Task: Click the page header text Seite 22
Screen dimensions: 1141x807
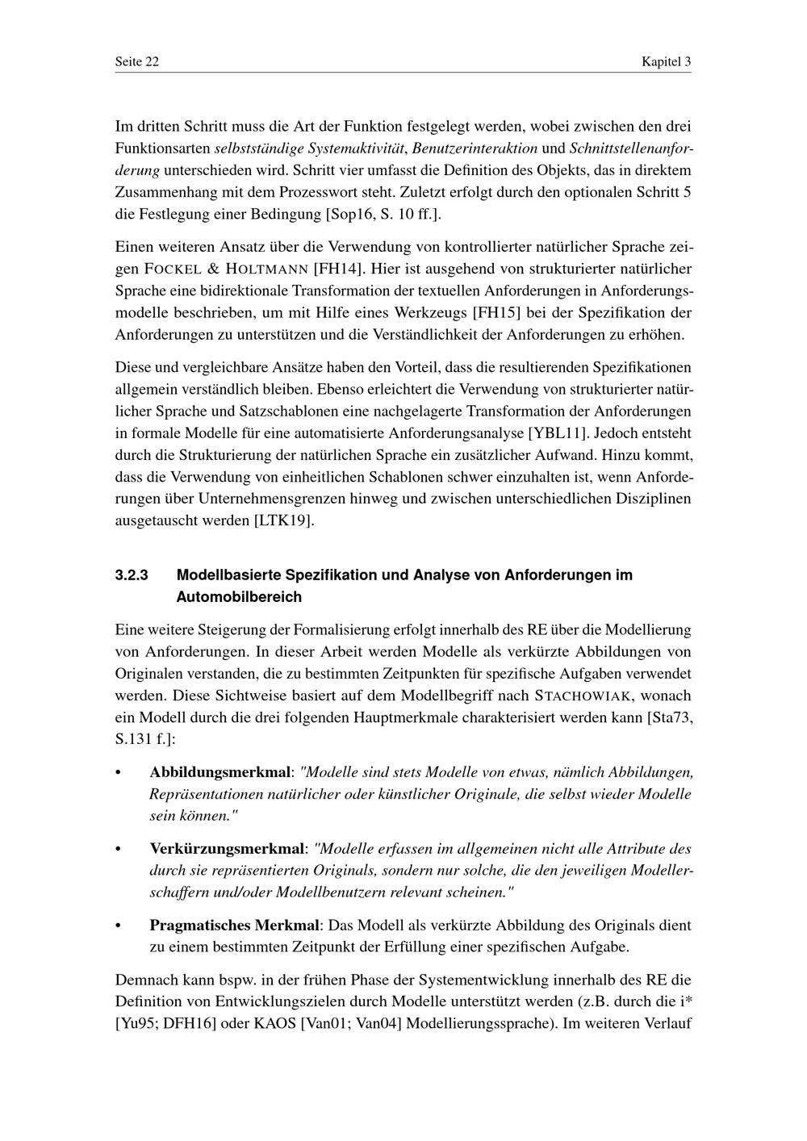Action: pos(136,62)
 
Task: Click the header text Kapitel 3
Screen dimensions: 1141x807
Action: pos(666,62)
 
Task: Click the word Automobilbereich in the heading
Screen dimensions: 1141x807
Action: pos(239,597)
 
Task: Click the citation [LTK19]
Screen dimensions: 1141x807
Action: pos(283,520)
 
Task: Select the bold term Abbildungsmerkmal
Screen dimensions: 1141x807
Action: pos(219,772)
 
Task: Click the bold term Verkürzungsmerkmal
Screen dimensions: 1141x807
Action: pos(228,849)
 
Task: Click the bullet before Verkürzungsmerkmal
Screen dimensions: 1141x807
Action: pos(119,850)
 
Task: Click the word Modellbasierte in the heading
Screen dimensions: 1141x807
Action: pos(223,575)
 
